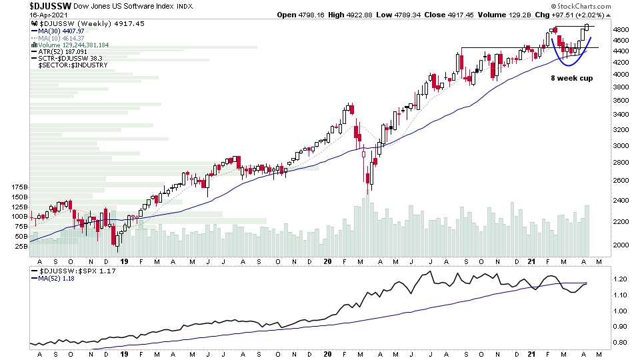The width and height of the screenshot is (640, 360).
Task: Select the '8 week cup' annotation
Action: coord(571,78)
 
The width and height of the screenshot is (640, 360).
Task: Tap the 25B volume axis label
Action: coord(20,246)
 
